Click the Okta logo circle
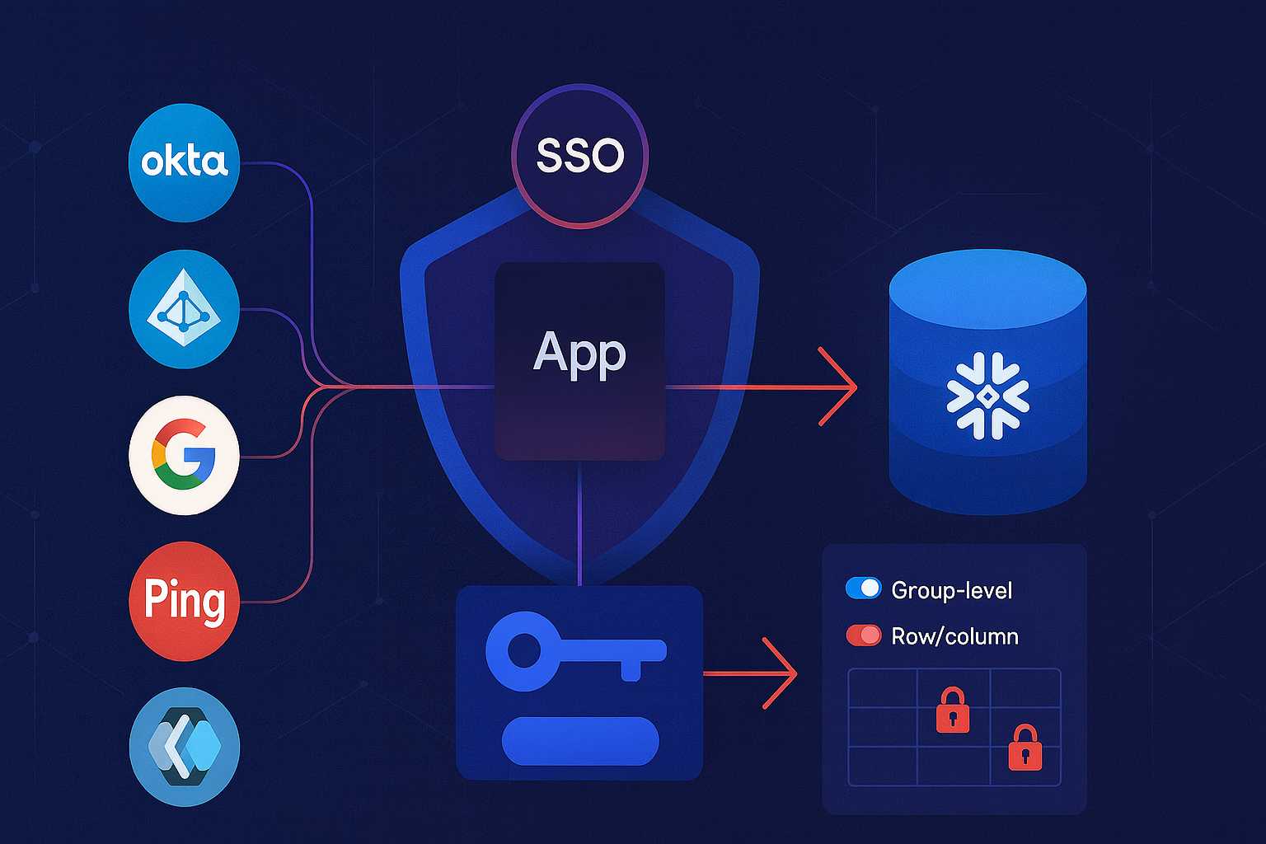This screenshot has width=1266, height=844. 184,162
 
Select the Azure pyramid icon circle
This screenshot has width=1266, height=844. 184,309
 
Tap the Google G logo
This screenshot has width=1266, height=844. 184,454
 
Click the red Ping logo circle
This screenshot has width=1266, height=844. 184,600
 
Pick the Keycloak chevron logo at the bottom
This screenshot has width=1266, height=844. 184,747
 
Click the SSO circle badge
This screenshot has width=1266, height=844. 580,156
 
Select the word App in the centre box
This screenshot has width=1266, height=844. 579,354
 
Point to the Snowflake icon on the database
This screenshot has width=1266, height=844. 987,396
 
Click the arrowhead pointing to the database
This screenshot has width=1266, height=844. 845,387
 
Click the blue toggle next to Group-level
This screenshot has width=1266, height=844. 864,588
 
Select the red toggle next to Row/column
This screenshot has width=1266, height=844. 864,635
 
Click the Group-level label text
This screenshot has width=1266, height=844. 951,590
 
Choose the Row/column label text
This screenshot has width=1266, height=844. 954,636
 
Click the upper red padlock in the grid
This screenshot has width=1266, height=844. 953,710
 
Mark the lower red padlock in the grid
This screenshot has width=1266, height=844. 1025,748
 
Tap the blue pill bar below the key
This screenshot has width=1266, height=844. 580,740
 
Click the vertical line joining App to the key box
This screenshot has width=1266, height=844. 580,523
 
